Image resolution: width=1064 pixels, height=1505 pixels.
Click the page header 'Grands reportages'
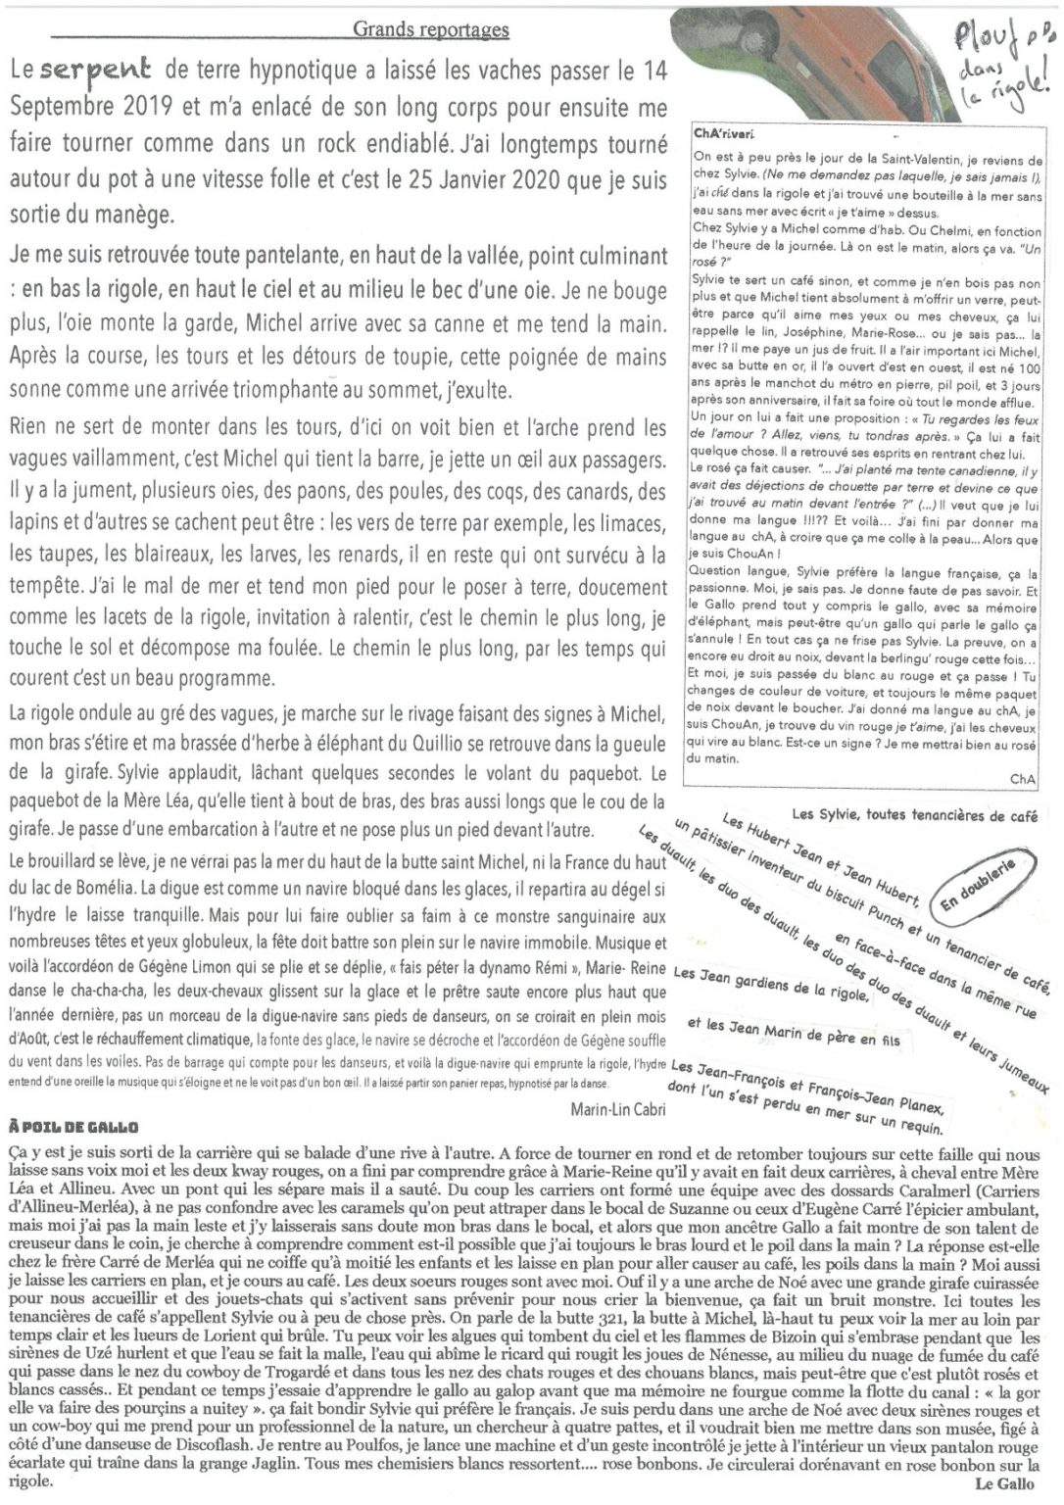[431, 29]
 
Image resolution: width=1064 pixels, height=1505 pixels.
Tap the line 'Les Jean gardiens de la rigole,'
[772, 983]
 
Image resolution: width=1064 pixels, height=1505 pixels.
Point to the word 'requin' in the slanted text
[920, 1124]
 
